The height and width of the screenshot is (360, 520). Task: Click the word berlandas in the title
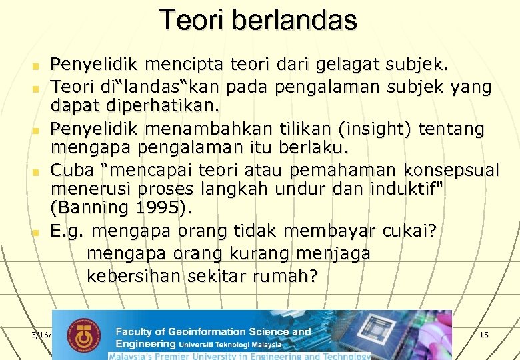[x=296, y=20]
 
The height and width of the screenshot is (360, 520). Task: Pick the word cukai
[x=409, y=231]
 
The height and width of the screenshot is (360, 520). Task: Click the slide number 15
[x=484, y=334]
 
